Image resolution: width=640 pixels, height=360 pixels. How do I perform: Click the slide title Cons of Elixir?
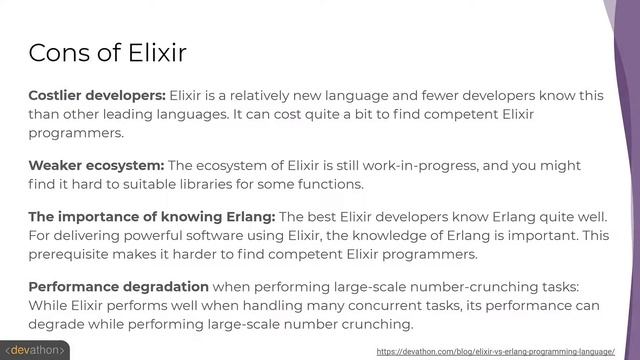click(x=107, y=51)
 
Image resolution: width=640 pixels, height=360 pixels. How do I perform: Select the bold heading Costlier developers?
click(x=97, y=96)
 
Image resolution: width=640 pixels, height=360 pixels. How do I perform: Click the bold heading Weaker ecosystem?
click(x=96, y=165)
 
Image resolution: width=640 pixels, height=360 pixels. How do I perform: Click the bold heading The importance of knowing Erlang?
click(x=151, y=217)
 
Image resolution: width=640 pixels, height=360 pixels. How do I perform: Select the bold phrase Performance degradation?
click(x=119, y=287)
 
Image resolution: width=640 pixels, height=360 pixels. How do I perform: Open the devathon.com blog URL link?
click(x=495, y=352)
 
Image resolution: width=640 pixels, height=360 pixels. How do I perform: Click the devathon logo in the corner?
click(x=37, y=351)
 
